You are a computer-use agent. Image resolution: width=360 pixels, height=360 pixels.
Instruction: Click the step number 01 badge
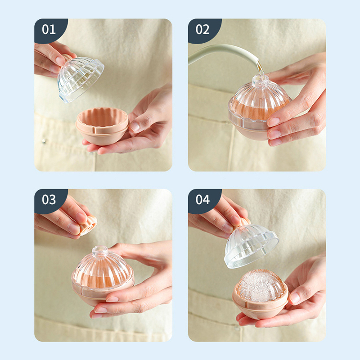point(49,29)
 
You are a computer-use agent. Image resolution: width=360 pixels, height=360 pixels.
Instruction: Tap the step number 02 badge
point(203,29)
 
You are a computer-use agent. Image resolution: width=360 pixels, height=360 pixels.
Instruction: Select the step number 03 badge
point(49,199)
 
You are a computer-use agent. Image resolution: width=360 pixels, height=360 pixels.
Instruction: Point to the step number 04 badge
point(203,199)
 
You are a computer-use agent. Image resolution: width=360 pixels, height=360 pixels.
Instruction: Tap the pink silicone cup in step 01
point(102,126)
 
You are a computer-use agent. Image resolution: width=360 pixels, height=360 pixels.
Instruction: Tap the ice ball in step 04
point(260,286)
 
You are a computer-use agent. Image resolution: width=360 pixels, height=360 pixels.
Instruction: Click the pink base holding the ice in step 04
point(260,306)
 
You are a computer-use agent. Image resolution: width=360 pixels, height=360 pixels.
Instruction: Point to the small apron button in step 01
point(43,141)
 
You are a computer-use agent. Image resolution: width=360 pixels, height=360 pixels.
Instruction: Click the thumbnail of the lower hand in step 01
point(135,126)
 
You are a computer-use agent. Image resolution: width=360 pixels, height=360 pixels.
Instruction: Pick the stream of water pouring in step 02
point(260,69)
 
